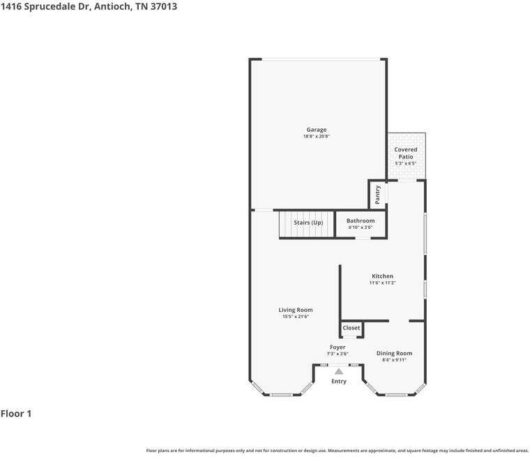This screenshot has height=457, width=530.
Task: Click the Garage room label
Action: point(316,130)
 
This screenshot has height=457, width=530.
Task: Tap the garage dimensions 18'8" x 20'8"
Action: point(316,137)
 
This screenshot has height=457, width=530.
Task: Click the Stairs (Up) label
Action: point(308,223)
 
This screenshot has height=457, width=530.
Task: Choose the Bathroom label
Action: point(361,221)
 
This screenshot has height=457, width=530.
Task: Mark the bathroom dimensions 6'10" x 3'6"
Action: point(361,227)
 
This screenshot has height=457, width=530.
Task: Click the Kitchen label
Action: point(382,276)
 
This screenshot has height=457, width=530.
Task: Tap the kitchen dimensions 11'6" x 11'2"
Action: point(382,283)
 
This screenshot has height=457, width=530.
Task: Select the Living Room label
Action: point(296,310)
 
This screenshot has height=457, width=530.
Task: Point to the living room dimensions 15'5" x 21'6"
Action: point(296,317)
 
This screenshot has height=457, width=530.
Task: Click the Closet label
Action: point(351,328)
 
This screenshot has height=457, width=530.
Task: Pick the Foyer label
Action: point(338,347)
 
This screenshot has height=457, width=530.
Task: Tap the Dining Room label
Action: point(394,354)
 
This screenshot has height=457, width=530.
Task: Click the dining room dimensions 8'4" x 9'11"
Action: point(394,360)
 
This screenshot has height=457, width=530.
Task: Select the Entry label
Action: point(339,382)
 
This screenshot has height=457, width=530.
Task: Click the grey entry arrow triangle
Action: point(339,371)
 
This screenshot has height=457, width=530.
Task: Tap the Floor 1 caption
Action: point(16,414)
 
